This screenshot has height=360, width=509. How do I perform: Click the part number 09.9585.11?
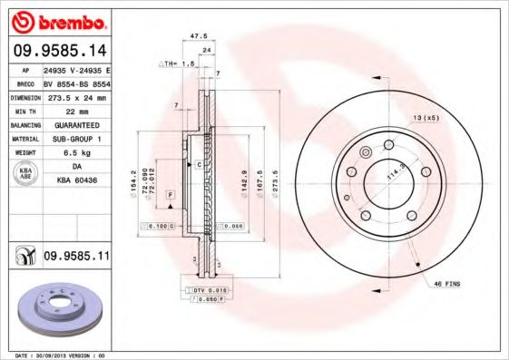coord(76,257)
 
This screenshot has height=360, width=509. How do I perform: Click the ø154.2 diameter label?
coord(134,178)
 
